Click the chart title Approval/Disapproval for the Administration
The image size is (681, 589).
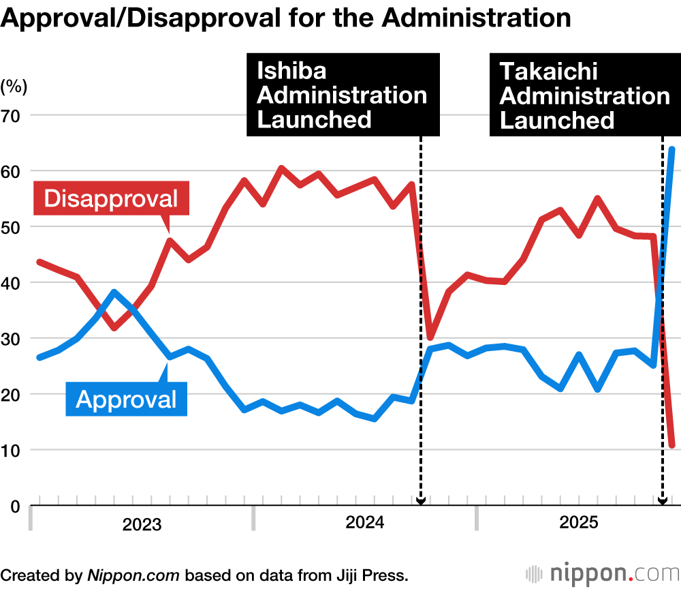[286, 18]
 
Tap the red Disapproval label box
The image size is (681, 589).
[110, 198]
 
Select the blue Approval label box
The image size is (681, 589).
[126, 399]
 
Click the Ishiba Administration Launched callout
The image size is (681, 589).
[341, 95]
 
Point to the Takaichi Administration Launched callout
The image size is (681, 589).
[584, 95]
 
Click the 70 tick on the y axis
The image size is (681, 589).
[14, 115]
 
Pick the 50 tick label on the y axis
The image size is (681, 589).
[14, 227]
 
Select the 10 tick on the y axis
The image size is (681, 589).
[14, 451]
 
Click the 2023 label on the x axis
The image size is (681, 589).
[142, 524]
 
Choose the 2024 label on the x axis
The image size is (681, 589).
[365, 523]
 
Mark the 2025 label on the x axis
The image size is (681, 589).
[578, 523]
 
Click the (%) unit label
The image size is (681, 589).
[14, 87]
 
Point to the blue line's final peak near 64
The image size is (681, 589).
[672, 149]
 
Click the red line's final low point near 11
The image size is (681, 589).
[672, 445]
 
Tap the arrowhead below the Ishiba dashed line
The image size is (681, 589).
[420, 502]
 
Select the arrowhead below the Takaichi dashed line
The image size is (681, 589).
[662, 502]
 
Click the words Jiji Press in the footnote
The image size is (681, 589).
[375, 575]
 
